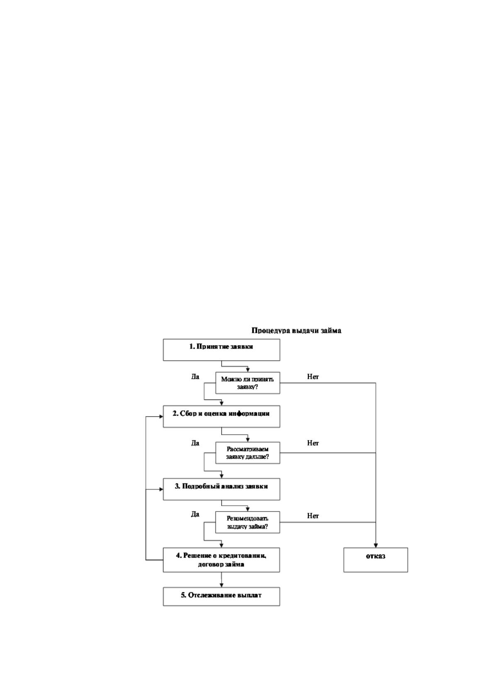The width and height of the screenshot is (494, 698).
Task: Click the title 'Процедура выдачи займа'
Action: (x=296, y=330)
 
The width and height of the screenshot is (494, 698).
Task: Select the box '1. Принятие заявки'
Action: (x=221, y=350)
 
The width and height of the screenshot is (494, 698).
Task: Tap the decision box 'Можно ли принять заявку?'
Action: (x=248, y=383)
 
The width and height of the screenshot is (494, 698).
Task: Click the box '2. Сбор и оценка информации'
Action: (x=221, y=416)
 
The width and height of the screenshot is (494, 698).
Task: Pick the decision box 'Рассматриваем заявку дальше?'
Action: (x=248, y=453)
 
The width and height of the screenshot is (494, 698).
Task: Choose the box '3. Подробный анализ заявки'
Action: (x=221, y=489)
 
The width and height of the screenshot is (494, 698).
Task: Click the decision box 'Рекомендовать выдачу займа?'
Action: (x=248, y=522)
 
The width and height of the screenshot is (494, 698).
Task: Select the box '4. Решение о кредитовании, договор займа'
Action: (x=221, y=560)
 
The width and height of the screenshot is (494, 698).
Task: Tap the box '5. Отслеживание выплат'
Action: (x=221, y=597)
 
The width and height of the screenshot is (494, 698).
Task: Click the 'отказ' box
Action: (x=376, y=560)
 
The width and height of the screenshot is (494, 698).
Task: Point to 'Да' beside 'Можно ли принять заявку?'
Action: (x=195, y=377)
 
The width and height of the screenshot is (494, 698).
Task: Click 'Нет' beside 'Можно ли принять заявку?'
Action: (x=313, y=377)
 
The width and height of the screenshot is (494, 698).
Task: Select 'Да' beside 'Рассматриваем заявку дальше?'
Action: (x=195, y=443)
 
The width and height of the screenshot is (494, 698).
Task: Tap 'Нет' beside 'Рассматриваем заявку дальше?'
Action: (x=313, y=443)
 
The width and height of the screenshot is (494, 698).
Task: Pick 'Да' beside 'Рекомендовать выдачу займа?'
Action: (x=195, y=514)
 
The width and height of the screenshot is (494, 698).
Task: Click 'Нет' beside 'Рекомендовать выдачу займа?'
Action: (x=313, y=516)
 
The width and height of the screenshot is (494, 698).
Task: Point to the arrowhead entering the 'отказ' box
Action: (x=376, y=545)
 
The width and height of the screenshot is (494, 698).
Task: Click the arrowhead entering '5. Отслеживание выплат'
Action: (x=221, y=585)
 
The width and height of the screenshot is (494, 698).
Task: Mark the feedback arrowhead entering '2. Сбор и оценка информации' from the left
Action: (x=161, y=417)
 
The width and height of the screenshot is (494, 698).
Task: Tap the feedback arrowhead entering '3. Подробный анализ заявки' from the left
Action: (x=161, y=490)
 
